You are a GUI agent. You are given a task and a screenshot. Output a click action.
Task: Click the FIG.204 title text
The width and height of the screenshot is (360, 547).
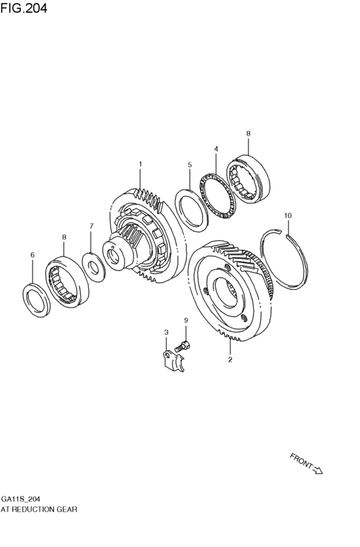(x=24, y=8)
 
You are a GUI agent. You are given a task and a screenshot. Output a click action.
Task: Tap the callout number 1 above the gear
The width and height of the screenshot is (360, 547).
(x=140, y=165)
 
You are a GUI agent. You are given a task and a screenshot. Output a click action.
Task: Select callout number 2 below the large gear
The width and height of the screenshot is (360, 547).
(x=230, y=361)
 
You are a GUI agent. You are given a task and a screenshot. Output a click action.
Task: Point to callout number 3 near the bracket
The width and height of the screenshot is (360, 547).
(x=216, y=149)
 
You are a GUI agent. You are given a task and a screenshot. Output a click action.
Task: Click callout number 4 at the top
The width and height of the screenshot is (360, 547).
(x=190, y=165)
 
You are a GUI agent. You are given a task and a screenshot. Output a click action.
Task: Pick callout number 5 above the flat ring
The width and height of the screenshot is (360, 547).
(x=32, y=255)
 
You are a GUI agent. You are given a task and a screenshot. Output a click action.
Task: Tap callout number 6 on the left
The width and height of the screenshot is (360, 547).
(x=91, y=226)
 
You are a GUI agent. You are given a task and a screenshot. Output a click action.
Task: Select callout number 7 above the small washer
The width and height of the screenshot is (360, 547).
(x=185, y=320)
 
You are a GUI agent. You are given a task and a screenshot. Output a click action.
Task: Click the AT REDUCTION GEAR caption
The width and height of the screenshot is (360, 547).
(x=39, y=508)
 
